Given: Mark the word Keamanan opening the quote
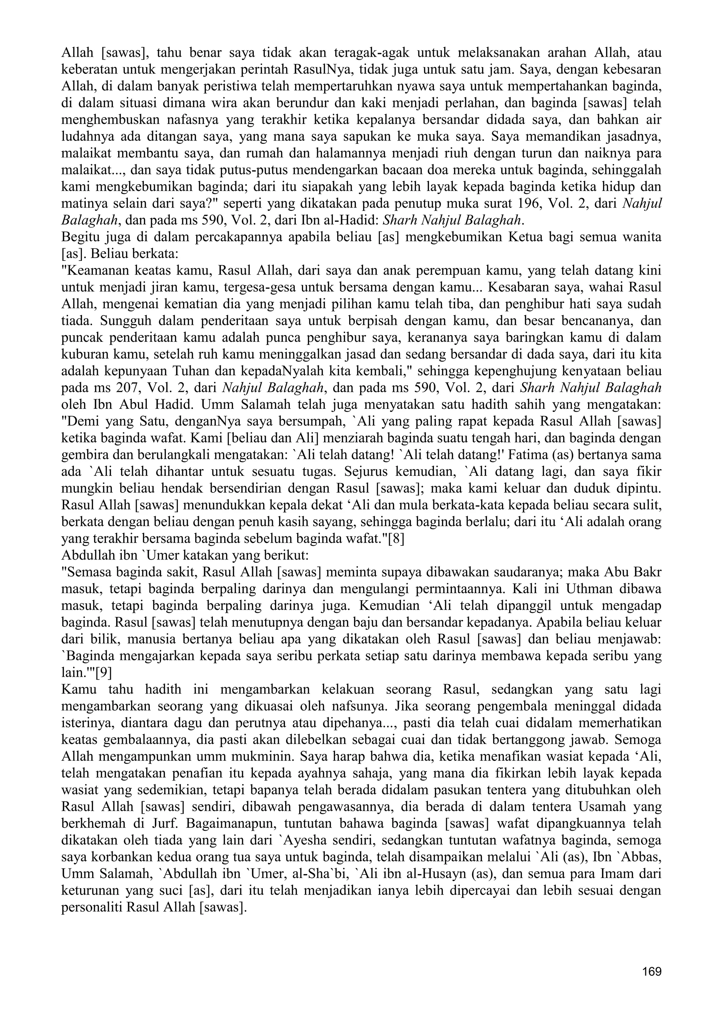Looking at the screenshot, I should (94, 270).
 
